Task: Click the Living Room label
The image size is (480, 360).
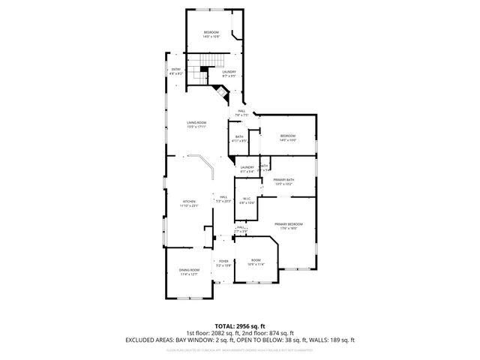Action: click(x=196, y=124)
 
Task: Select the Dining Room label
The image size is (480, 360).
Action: click(x=189, y=271)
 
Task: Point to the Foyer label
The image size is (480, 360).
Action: click(x=223, y=262)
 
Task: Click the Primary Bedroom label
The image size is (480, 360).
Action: click(x=288, y=226)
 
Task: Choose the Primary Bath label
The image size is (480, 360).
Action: click(x=283, y=181)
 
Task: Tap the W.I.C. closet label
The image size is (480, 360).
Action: click(x=247, y=200)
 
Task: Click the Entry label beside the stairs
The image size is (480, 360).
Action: click(x=176, y=72)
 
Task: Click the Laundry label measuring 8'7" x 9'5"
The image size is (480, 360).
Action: click(x=229, y=73)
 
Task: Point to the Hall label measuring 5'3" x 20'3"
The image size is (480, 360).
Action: click(x=223, y=199)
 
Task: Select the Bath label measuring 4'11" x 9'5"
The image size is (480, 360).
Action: click(x=238, y=138)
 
